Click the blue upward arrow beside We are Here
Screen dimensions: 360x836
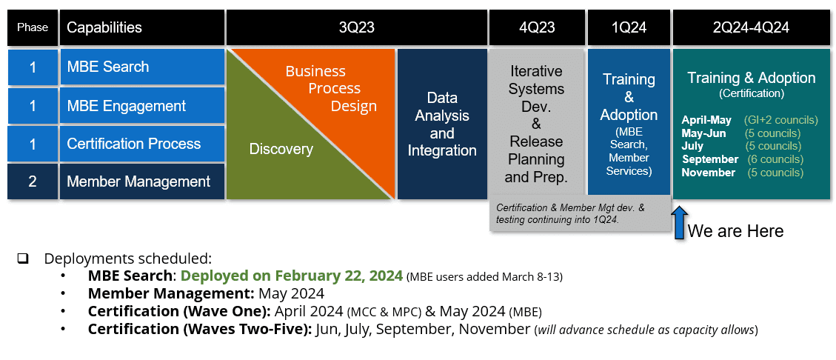[679, 223]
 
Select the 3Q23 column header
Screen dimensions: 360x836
[356, 27]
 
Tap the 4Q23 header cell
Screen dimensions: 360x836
[537, 27]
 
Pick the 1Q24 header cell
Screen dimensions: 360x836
[629, 27]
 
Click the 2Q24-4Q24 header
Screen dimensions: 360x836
[751, 27]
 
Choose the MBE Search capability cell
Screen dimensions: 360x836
[142, 67]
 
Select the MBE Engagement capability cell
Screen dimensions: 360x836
[142, 106]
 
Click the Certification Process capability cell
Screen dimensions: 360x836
[142, 144]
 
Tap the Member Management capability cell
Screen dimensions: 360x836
[142, 181]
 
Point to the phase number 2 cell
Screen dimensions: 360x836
[33, 181]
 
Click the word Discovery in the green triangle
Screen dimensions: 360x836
[281, 149]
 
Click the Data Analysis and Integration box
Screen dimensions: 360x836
[442, 124]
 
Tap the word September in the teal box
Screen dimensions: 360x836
[710, 159]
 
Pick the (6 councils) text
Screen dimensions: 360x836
[774, 159]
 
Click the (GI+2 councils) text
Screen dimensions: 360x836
[780, 120]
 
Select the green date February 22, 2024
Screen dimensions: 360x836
[292, 276]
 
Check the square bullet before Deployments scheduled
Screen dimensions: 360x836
[23, 259]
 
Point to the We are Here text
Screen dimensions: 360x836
[735, 231]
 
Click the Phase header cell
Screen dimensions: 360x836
[33, 27]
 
